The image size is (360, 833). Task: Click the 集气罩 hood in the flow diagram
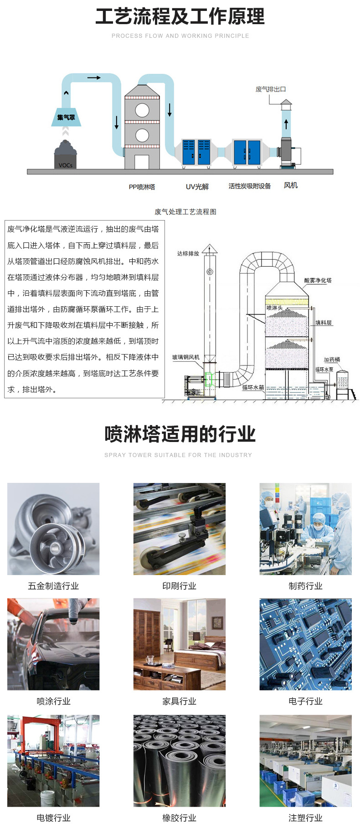(x=66, y=117)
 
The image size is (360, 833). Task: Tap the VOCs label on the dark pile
(x=66, y=165)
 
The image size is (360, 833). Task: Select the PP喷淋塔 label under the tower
(x=142, y=187)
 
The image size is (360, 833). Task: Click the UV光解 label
(x=197, y=186)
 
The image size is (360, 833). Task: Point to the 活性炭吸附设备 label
(x=250, y=186)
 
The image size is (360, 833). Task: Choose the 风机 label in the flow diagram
(x=291, y=185)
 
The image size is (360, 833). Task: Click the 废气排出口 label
(x=271, y=89)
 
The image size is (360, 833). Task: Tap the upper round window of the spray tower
(x=142, y=110)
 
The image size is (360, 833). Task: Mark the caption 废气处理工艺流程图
(x=185, y=211)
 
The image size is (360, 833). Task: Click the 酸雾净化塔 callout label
(x=318, y=280)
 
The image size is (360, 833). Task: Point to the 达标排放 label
(x=188, y=253)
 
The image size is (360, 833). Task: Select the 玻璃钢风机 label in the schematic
(x=186, y=357)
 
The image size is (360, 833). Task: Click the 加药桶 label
(x=332, y=360)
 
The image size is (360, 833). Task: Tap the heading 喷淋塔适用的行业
(x=180, y=434)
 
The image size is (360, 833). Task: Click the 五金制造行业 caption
(x=53, y=586)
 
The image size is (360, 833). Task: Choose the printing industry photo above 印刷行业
(x=180, y=529)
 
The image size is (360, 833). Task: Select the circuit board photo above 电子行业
(x=306, y=644)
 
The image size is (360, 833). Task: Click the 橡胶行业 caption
(x=180, y=818)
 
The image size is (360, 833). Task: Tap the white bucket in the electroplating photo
(x=48, y=798)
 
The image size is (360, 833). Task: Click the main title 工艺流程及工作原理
(x=180, y=16)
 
